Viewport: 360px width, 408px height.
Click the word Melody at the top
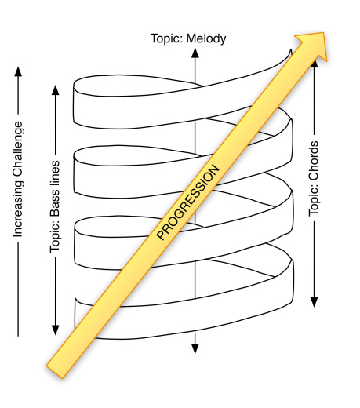207,37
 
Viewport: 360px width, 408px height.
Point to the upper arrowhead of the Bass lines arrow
56,89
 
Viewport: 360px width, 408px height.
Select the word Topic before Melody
169,37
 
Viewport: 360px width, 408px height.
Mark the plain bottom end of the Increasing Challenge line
18,335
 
